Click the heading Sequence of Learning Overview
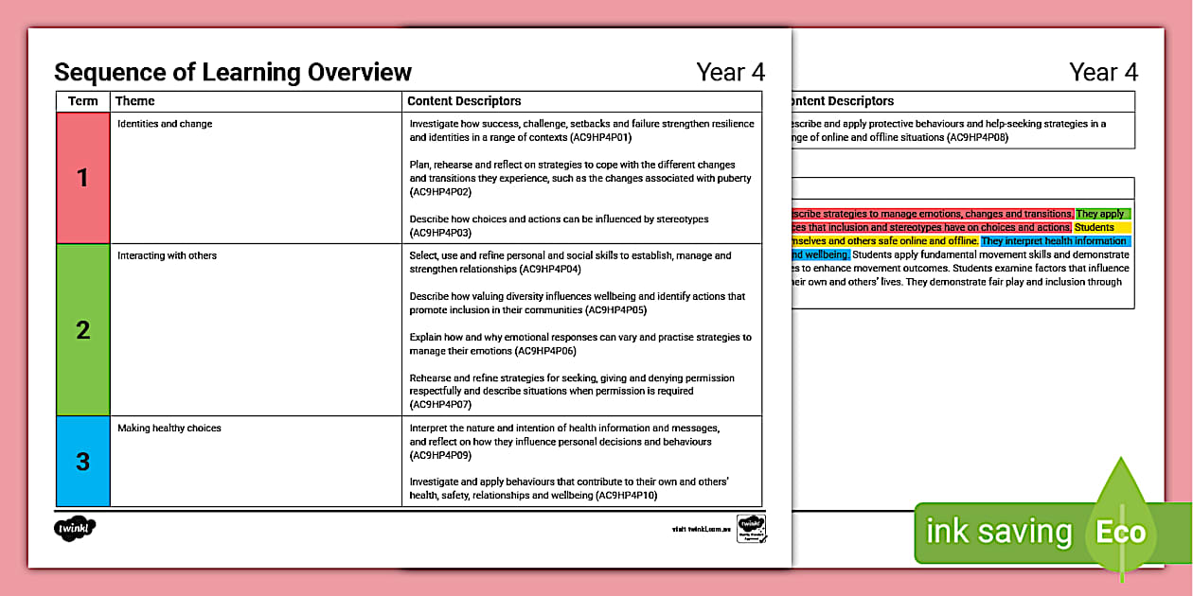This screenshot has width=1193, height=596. (233, 72)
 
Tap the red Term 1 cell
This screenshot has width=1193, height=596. (83, 178)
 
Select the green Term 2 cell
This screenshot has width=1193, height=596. (83, 330)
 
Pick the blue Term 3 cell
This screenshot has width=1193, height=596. (83, 462)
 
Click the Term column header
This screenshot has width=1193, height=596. (83, 101)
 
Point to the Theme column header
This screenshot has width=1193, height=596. (134, 101)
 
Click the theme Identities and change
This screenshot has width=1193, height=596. (165, 124)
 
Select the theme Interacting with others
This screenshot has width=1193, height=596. (167, 255)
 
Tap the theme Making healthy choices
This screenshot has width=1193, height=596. (169, 429)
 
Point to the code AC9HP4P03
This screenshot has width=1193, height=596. (440, 233)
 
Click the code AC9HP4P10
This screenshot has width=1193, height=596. (625, 495)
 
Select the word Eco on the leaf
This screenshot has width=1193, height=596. (1121, 532)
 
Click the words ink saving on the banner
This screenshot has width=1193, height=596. (998, 532)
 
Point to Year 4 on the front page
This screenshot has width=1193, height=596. (730, 72)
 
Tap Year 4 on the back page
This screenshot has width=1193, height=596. (1103, 72)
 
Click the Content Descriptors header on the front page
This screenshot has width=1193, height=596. (464, 101)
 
